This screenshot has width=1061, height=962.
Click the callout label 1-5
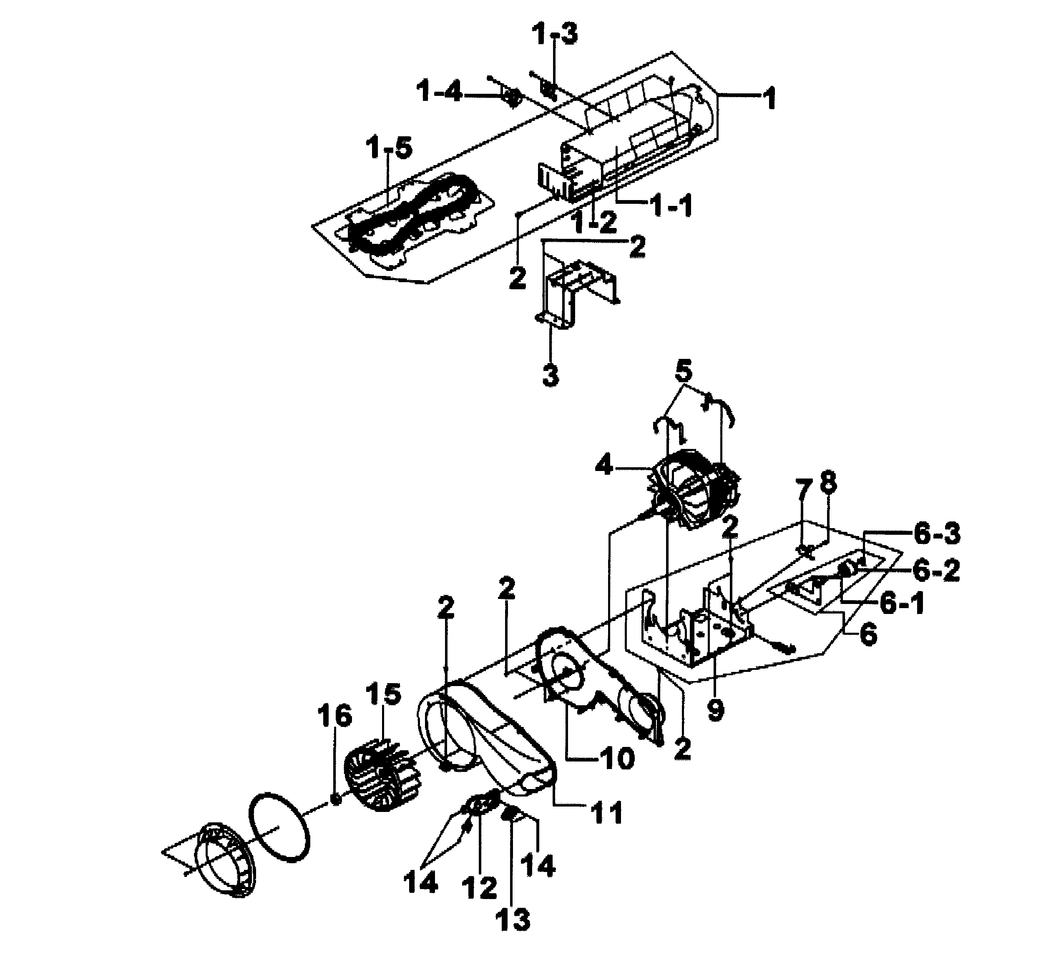point(389,149)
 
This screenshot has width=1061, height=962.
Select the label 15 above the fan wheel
point(384,694)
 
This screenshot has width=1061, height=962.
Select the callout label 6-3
point(936,534)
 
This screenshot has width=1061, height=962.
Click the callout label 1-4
point(439,93)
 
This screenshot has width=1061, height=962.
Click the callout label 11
point(607,813)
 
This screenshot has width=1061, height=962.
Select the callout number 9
point(715,709)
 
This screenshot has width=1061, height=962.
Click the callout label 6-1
point(902,604)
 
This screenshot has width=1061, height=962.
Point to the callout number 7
point(802,492)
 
